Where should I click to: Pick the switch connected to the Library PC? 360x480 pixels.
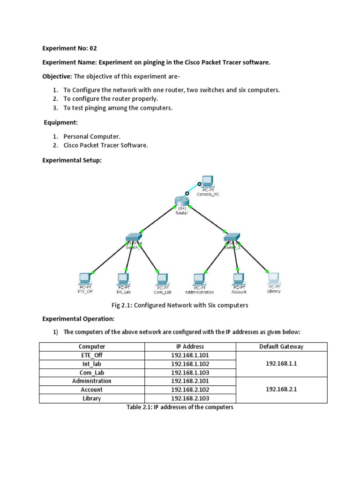[232, 238]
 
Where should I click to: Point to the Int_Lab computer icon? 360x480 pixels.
[124, 277]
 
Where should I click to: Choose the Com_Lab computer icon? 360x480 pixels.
[161, 278]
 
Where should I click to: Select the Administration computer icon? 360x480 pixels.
[199, 278]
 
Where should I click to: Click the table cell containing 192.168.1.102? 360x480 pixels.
[190, 364]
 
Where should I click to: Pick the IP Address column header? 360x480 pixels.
[190, 346]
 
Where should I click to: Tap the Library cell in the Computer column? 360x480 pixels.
[91, 398]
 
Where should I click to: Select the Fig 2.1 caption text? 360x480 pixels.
[180, 305]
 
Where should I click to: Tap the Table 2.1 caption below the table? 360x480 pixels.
[180, 407]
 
